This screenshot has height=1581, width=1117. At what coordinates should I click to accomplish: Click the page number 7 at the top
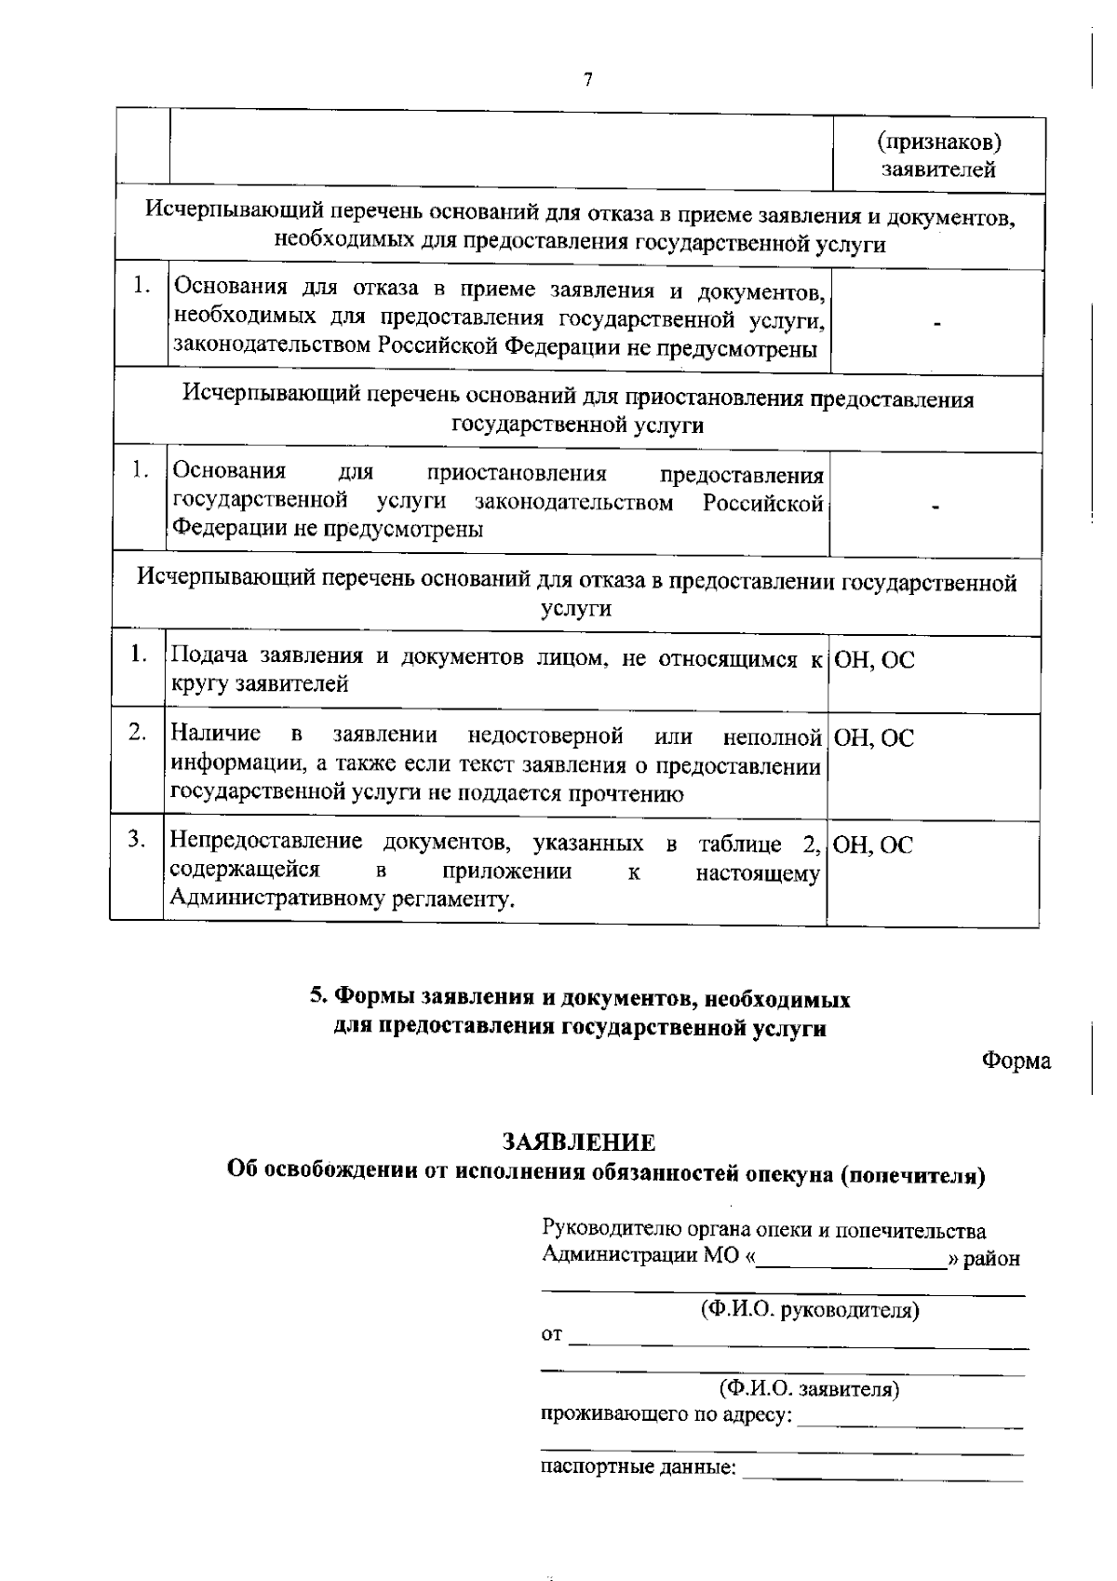pyautogui.click(x=587, y=80)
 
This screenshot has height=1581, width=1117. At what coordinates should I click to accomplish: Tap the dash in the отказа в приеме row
pyautogui.click(x=937, y=324)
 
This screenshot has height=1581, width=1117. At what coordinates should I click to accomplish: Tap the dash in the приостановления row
pyautogui.click(x=937, y=507)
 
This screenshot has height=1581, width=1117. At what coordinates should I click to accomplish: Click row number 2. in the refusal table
pyautogui.click(x=138, y=733)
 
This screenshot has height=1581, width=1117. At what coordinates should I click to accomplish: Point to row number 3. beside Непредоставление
pyautogui.click(x=138, y=839)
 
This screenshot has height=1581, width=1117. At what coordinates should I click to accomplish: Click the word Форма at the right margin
pyautogui.click(x=1016, y=1061)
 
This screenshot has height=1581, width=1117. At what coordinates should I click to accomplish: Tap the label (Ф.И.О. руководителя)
pyautogui.click(x=809, y=1311)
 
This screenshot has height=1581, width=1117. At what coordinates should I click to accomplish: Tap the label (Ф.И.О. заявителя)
pyautogui.click(x=809, y=1390)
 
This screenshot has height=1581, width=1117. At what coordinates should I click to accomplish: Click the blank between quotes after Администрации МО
pyautogui.click(x=851, y=1260)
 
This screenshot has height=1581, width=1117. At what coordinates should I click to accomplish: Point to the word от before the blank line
pyautogui.click(x=552, y=1336)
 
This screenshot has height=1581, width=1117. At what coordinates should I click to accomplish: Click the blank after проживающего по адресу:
pyautogui.click(x=909, y=1419)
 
